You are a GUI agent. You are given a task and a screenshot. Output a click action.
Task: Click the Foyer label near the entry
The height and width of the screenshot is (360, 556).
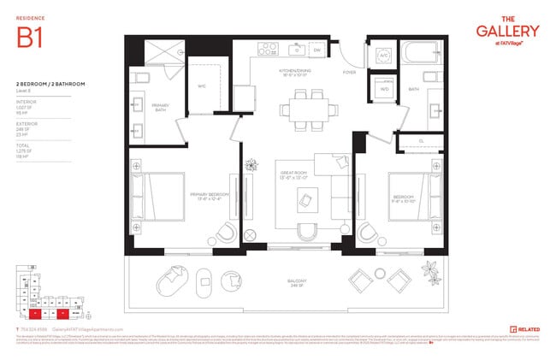click(x=350, y=73)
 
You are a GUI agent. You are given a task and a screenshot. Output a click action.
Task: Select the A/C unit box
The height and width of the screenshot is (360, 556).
click(x=384, y=56)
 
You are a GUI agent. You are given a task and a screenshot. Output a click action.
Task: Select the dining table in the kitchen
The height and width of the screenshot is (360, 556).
click(x=300, y=109)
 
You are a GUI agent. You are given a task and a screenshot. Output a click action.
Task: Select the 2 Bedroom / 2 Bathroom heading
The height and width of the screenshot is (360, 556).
click(x=44, y=83)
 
